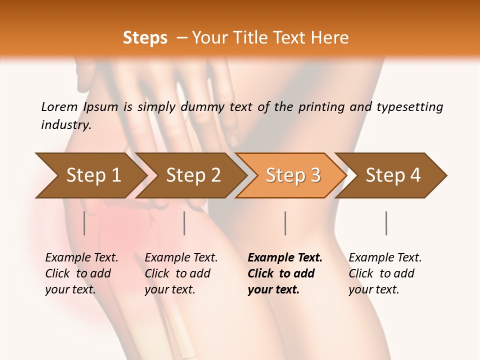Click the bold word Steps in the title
pos(145,37)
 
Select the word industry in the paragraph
pos(65,125)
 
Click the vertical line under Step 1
pos(84,223)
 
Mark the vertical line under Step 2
pos(184,223)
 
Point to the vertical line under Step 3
pos(285,223)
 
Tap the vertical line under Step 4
pos(386,223)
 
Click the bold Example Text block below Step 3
pos(284,273)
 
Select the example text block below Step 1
pos(81,273)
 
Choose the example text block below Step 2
pos(181,273)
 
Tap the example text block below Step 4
pos(384,273)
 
